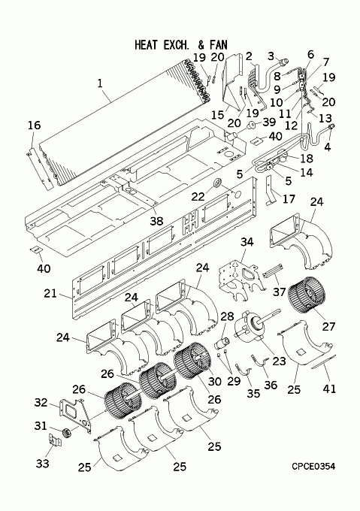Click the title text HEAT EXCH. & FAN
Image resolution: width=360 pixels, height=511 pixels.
[181, 44]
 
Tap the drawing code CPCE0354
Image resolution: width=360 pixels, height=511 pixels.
[313, 467]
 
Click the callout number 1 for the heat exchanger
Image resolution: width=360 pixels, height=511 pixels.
[100, 83]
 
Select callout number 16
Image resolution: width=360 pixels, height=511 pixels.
[35, 125]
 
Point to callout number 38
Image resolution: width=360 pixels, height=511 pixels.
[156, 221]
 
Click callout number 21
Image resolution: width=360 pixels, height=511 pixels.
[50, 293]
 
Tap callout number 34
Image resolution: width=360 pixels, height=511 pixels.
[247, 242]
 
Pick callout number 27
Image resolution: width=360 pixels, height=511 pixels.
[328, 326]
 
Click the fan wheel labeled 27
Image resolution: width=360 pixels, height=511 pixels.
[307, 295]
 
